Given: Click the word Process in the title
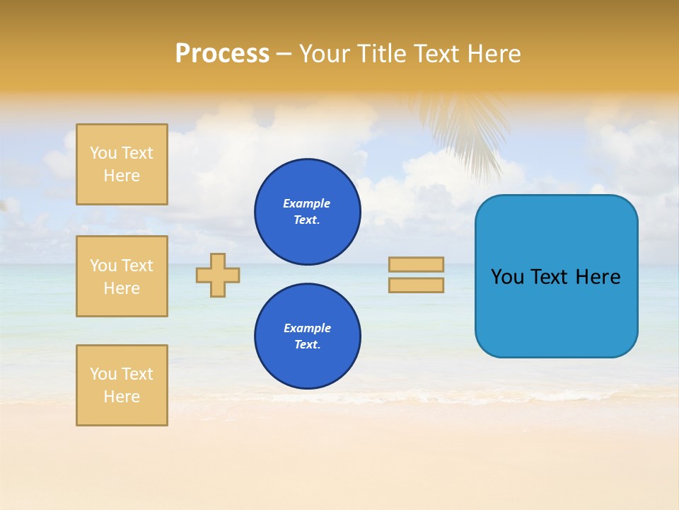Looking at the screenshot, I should (222, 54).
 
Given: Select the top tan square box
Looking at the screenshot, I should (122, 164).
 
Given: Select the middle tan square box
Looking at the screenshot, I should (122, 276).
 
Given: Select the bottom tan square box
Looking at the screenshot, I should (122, 385).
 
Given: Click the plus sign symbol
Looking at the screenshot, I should (218, 275).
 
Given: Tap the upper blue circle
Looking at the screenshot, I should (307, 212).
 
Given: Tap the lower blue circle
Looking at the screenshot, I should (307, 336).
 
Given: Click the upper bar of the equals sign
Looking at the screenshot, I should (416, 264).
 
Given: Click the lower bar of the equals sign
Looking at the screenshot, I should (416, 285).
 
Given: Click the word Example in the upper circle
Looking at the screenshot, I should (307, 204).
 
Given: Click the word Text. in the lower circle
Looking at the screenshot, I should (307, 345).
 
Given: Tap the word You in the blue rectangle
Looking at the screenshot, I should (508, 277).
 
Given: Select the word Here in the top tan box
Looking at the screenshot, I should (122, 176).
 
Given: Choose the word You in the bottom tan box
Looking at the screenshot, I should (103, 374).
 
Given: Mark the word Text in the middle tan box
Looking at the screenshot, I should (138, 266).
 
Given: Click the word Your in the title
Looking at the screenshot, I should (324, 54).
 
